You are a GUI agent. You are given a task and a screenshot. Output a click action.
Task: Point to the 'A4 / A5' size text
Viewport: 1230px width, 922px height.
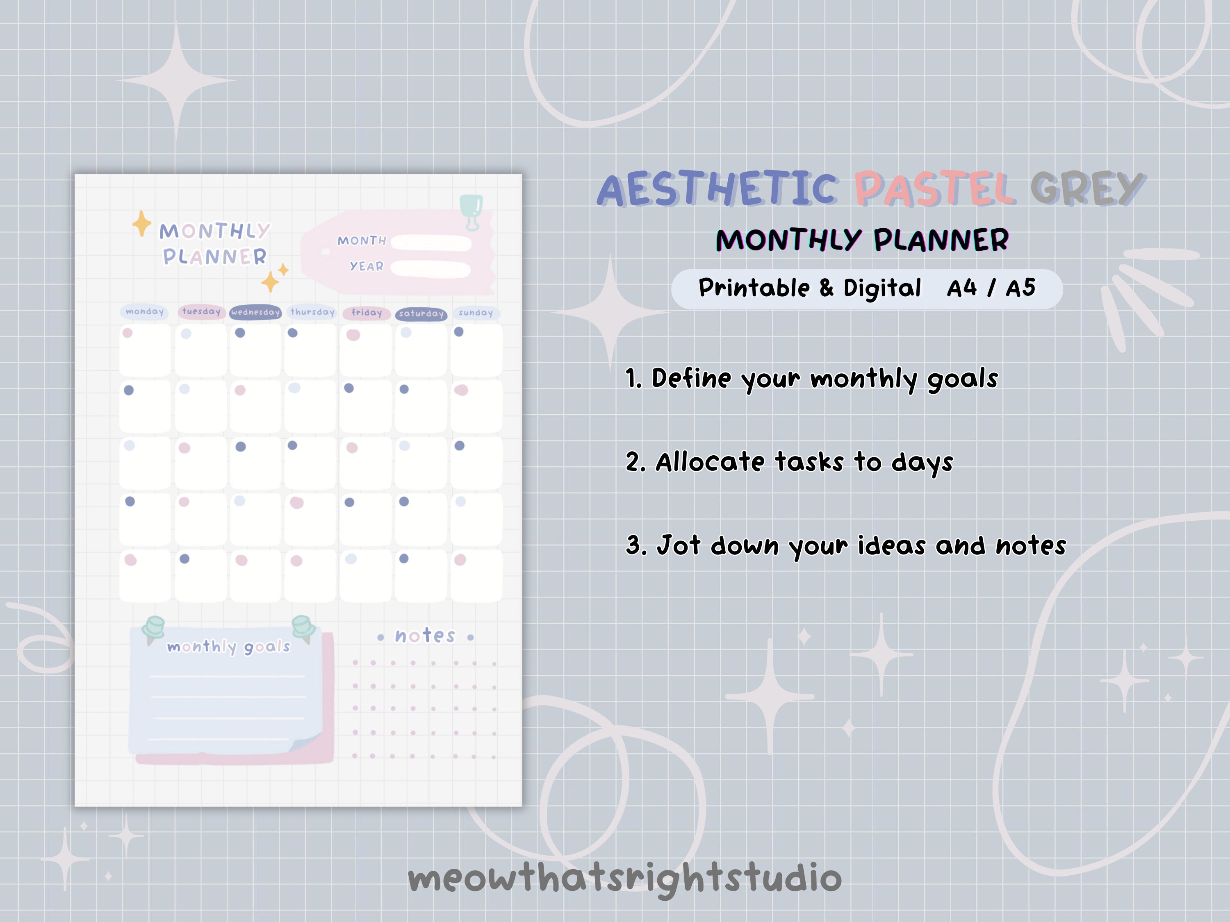(991, 288)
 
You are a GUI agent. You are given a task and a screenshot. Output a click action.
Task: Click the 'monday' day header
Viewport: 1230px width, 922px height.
(145, 312)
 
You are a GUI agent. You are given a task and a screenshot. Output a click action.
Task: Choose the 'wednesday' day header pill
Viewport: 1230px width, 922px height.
(255, 312)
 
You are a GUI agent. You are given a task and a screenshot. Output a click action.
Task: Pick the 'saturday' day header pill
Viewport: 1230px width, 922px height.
(421, 314)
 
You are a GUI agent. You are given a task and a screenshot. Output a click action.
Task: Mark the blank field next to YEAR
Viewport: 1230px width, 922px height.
(430, 269)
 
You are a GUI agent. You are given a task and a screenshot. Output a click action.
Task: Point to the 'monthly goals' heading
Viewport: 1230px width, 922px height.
(228, 646)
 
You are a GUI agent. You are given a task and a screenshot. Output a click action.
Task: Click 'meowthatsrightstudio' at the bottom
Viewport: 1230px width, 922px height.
(624, 879)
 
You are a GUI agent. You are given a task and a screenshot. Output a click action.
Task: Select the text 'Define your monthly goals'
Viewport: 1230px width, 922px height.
(825, 379)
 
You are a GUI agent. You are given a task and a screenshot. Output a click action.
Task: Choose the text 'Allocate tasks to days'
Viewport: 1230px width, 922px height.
(804, 462)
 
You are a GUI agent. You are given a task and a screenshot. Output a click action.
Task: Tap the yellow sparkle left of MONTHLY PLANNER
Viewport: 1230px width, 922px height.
(142, 223)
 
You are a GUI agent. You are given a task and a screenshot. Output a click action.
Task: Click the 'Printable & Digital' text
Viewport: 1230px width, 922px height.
(810, 288)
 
